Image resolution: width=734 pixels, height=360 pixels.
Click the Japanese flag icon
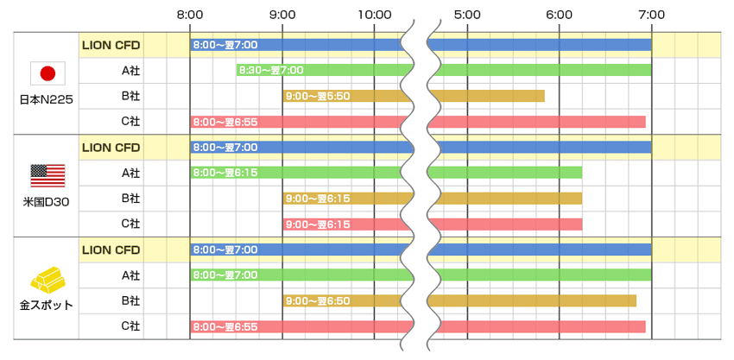47,73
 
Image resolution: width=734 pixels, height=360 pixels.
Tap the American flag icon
47,175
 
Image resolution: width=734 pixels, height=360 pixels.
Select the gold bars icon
47,277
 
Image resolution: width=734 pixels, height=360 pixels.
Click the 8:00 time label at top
190,15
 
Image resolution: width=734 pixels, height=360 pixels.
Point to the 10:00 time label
375,15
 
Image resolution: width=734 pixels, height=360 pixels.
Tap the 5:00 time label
467,15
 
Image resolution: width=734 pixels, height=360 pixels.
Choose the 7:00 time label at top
652,15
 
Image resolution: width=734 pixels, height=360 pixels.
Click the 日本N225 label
47,99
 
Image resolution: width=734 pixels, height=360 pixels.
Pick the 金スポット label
47,304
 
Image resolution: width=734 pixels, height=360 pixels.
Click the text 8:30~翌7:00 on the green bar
271,70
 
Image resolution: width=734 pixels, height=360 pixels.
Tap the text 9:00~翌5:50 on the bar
317,96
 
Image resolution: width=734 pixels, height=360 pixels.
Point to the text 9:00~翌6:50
317,300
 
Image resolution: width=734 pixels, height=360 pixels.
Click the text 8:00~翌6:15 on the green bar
225,173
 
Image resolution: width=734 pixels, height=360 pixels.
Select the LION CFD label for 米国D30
111,147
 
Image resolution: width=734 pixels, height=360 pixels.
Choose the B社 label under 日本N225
130,96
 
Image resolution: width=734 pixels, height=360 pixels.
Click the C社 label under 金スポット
130,325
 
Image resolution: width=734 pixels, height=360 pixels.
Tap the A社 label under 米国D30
130,173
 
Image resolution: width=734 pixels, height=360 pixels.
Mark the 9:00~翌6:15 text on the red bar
317,224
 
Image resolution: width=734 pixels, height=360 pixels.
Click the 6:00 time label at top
560,15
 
